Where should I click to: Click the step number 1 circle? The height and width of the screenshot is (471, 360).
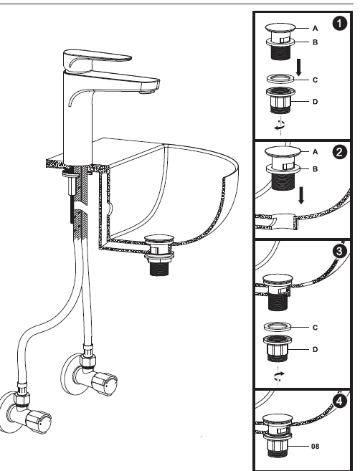340,24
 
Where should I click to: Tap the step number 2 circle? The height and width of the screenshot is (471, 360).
340,152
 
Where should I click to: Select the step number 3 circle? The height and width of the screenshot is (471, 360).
340,251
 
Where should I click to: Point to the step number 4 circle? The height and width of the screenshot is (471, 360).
340,401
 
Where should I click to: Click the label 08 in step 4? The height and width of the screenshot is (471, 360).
315,447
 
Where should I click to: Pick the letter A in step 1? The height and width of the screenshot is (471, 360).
315,28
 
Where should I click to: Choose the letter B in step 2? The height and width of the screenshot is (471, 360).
315,169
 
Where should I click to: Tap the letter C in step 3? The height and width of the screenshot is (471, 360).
315,328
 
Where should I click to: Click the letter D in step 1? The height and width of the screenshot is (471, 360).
315,102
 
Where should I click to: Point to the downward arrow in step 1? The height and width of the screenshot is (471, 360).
299,67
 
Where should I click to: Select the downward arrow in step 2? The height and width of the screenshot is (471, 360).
300,195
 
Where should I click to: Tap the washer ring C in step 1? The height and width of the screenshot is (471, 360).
280,79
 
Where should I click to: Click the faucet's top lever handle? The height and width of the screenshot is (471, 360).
97,60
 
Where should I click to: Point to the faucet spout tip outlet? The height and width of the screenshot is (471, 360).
148,91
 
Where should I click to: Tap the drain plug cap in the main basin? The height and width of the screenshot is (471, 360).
159,239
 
